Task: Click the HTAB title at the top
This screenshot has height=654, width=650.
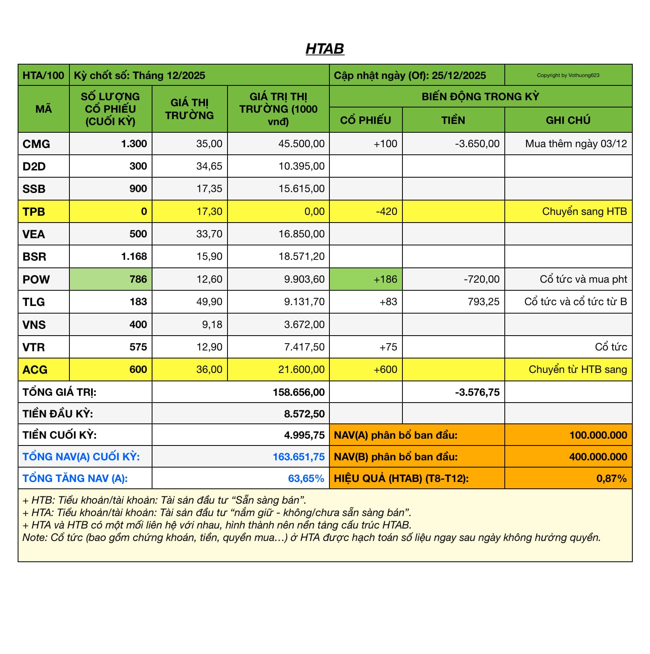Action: (325, 49)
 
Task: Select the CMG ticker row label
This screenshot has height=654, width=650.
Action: (36, 144)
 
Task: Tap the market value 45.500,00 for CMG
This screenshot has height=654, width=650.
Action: (301, 144)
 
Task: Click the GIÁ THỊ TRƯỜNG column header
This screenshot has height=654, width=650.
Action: (189, 109)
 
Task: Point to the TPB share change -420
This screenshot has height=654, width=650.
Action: (386, 211)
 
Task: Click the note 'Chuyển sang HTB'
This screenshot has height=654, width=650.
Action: (584, 211)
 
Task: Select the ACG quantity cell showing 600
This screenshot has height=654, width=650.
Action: (138, 369)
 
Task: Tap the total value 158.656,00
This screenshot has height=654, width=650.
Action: (299, 392)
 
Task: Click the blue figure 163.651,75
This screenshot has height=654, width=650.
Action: (299, 457)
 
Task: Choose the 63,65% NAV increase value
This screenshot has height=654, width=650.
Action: (306, 478)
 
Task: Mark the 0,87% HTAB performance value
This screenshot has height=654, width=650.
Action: (611, 478)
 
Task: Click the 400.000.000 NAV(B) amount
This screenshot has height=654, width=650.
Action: (598, 457)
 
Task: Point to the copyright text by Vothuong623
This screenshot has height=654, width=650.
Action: (568, 75)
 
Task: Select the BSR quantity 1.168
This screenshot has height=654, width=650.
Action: (134, 256)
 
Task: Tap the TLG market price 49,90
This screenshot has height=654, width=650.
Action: (209, 302)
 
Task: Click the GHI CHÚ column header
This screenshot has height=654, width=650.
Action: (568, 120)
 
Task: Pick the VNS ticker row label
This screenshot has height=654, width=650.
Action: (34, 324)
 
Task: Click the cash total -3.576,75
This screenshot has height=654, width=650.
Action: (477, 392)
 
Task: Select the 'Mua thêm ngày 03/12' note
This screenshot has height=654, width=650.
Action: (576, 144)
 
